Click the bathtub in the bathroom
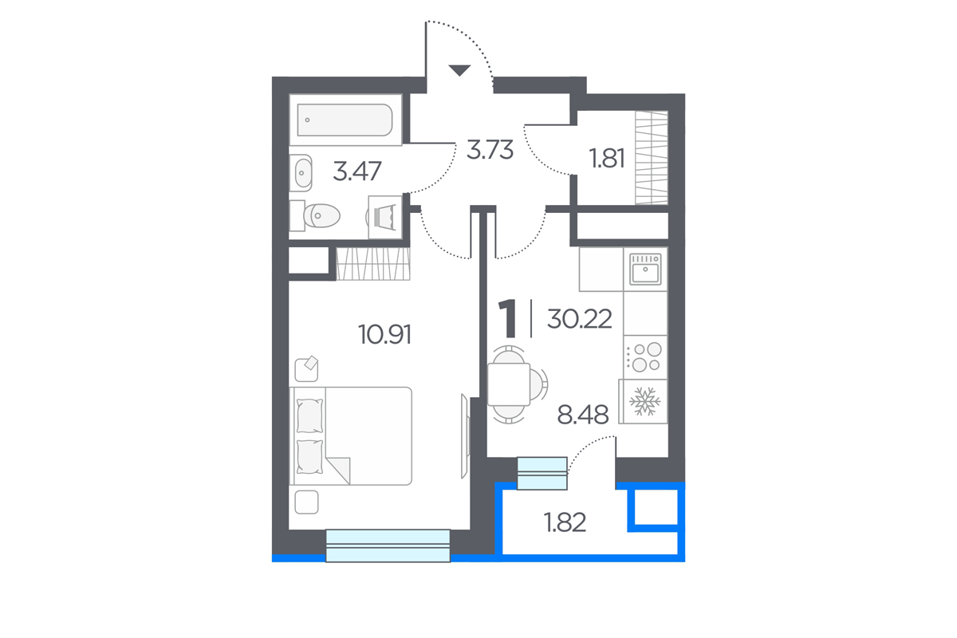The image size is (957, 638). click(x=345, y=120)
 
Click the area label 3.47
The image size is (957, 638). click(x=356, y=171)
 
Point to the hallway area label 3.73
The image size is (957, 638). click(x=490, y=150)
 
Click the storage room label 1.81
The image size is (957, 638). click(x=607, y=158)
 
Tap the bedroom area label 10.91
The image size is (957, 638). click(x=384, y=334)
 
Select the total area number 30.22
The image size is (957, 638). click(x=579, y=319)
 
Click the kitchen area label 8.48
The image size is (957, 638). click(x=583, y=415)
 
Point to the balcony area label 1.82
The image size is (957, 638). click(x=565, y=522)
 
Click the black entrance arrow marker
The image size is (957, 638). click(x=459, y=70)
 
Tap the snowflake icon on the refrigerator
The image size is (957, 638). click(x=644, y=401)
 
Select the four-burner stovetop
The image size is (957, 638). click(x=645, y=357)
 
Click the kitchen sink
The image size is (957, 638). click(x=645, y=270)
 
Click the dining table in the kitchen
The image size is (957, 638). click(x=509, y=384)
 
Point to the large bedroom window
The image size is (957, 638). click(x=388, y=545)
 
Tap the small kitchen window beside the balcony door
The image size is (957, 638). click(x=542, y=474)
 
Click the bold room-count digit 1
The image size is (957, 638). click(x=508, y=319)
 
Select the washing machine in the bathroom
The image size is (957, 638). click(x=385, y=217)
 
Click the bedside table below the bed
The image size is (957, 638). click(x=306, y=502)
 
